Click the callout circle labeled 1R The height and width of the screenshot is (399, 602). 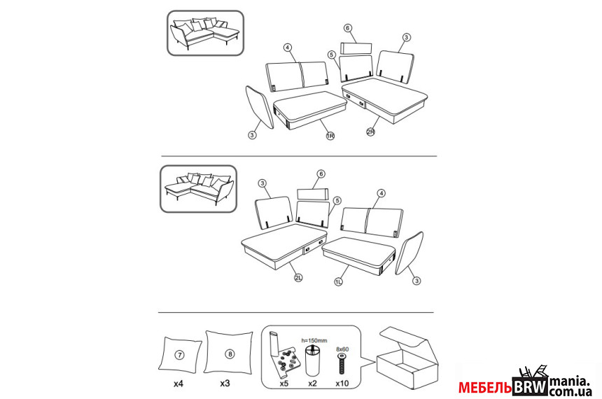(330, 136)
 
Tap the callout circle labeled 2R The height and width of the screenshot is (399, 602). (370, 132)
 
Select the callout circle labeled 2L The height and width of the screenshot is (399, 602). (298, 278)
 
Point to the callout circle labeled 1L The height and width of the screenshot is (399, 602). (338, 282)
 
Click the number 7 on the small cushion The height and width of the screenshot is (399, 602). (179, 355)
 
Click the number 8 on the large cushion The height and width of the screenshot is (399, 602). (230, 353)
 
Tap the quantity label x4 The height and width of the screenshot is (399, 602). (178, 384)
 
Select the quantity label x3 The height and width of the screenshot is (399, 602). (225, 384)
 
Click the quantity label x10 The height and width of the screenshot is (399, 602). (342, 384)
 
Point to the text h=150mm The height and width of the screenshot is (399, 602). (314, 341)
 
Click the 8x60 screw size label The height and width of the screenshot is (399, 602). (342, 349)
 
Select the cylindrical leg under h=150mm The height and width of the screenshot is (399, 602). (314, 360)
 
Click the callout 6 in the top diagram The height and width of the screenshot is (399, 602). (347, 28)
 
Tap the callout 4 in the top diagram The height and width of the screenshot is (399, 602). (288, 48)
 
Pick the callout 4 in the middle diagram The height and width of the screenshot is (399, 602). (381, 193)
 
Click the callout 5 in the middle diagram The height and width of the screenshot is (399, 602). (337, 200)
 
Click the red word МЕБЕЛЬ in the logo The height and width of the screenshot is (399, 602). (485, 388)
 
